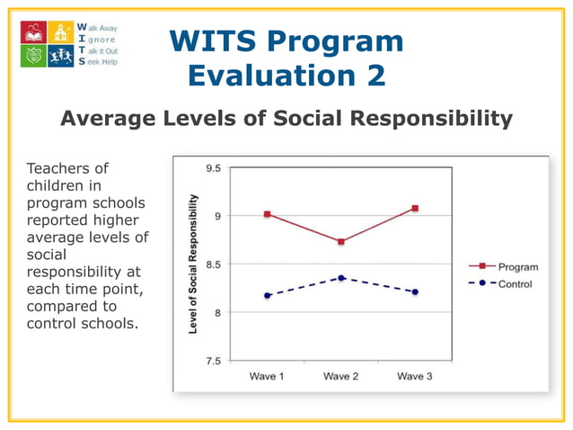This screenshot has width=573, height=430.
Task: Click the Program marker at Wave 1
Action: pos(267,214)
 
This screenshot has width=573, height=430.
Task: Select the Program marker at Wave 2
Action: pos(341,242)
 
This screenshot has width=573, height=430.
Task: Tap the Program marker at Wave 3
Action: pos(415,209)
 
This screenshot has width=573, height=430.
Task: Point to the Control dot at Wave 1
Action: pos(267,295)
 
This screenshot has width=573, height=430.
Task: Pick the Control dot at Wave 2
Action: pos(341,278)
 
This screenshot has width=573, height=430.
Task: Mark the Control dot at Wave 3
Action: pos(415,291)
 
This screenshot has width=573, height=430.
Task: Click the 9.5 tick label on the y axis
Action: pos(212,167)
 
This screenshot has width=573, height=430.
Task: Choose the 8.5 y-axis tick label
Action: pos(212,264)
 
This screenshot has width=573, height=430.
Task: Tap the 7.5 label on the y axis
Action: pos(212,361)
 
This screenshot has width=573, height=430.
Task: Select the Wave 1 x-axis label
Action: pos(267,376)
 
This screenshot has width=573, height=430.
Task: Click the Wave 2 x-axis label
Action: pos(341,376)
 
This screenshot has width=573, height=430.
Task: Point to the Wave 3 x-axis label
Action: pos(415,376)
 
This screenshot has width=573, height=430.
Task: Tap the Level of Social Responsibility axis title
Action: pos(193,264)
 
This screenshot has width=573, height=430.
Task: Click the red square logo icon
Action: pos(34,32)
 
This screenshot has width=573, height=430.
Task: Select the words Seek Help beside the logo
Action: pos(100,62)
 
